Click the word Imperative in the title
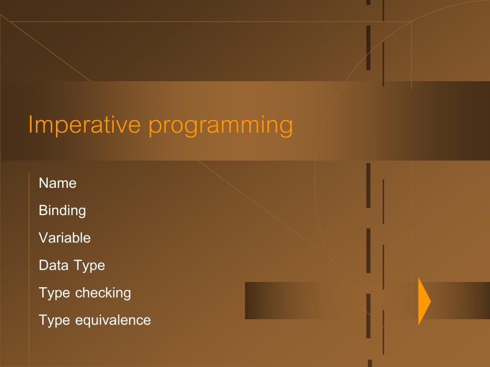[84, 124]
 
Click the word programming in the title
[221, 126]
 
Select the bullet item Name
[57, 183]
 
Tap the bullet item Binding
[62, 211]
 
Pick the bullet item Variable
[65, 237]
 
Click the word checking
[103, 292]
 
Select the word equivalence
[113, 320]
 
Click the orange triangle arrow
[423, 301]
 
